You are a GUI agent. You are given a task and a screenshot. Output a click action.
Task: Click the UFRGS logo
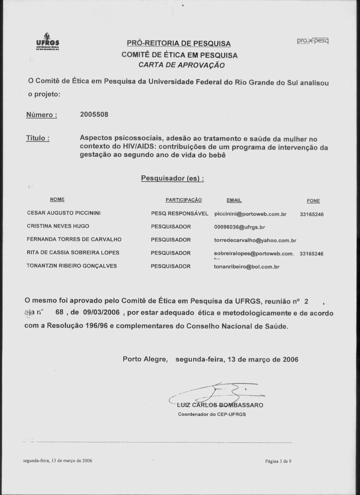pyautogui.click(x=47, y=42)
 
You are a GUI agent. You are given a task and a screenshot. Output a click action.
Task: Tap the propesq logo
pyautogui.click(x=313, y=41)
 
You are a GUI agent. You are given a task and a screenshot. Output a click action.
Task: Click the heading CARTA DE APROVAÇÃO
pyautogui.click(x=182, y=65)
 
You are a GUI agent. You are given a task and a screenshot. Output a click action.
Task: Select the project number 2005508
pyautogui.click(x=94, y=115)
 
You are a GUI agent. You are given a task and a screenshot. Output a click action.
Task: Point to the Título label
pyautogui.click(x=38, y=138)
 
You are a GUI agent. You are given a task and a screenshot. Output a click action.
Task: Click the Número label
pyautogui.click(x=42, y=115)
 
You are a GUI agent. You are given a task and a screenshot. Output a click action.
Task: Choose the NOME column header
pyautogui.click(x=57, y=199)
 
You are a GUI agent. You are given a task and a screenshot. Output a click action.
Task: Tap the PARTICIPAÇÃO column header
pyautogui.click(x=183, y=200)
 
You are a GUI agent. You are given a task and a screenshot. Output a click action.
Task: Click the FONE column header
pyautogui.click(x=313, y=201)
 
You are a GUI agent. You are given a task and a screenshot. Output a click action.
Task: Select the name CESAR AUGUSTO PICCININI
pyautogui.click(x=64, y=213)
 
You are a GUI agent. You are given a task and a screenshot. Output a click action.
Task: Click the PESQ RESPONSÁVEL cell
pyautogui.click(x=180, y=214)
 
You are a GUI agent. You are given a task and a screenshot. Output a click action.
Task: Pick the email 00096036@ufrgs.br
pyautogui.click(x=239, y=227)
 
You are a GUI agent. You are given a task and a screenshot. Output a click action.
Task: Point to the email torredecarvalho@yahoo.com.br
pyautogui.click(x=255, y=241)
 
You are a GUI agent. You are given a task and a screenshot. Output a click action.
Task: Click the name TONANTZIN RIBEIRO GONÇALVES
pyautogui.click(x=72, y=266)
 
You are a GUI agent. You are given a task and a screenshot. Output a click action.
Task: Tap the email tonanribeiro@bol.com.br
pyautogui.click(x=246, y=267)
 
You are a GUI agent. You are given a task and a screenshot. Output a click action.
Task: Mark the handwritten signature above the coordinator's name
pyautogui.click(x=216, y=392)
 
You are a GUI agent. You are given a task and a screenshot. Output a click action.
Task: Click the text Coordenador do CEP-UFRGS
pyautogui.click(x=212, y=414)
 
